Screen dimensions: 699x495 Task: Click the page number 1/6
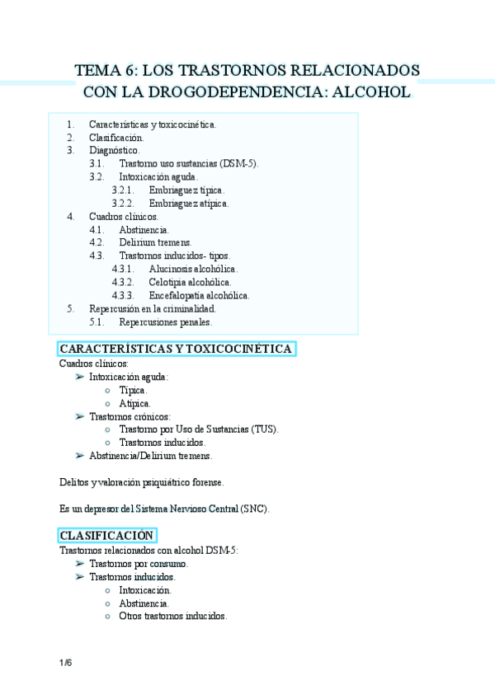tap(65, 664)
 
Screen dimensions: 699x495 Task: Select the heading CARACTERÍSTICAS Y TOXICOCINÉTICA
tap(176, 349)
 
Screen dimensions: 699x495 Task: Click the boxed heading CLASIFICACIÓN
tap(107, 535)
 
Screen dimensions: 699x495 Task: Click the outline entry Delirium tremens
tap(155, 243)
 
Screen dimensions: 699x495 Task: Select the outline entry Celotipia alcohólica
tap(189, 283)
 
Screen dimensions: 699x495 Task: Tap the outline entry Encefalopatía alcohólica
tap(199, 296)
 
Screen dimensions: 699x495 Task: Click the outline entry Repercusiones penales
tap(165, 322)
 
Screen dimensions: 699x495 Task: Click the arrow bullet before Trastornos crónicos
tap(78, 416)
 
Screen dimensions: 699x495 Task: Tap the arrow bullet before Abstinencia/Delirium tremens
tap(78, 455)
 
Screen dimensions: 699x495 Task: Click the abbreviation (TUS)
tap(264, 429)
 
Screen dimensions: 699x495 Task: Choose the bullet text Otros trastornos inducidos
tap(172, 616)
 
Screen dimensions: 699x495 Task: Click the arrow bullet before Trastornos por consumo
tap(78, 563)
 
